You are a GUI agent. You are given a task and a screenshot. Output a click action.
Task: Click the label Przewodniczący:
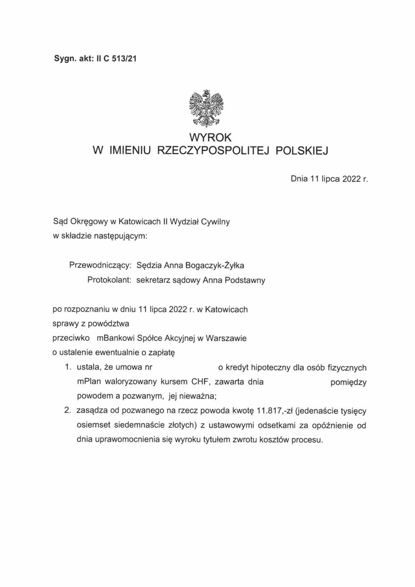click(100, 265)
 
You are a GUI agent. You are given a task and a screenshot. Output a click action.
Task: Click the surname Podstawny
click(243, 280)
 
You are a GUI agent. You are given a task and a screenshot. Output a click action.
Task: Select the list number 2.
click(67, 411)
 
